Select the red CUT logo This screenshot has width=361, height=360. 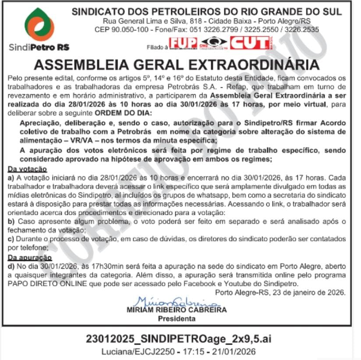coord(250,43)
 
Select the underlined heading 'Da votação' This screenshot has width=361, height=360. coord(27,169)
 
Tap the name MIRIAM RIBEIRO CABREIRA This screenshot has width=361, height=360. coord(177,310)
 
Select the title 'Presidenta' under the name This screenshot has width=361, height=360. coord(177,319)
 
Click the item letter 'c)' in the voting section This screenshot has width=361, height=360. coord(11,239)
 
